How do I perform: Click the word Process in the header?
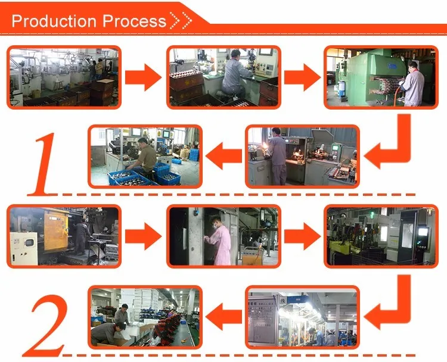pos(134,21)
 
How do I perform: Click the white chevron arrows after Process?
pos(181,21)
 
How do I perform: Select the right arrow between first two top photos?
pos(144,78)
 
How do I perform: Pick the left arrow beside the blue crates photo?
pos(223,156)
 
